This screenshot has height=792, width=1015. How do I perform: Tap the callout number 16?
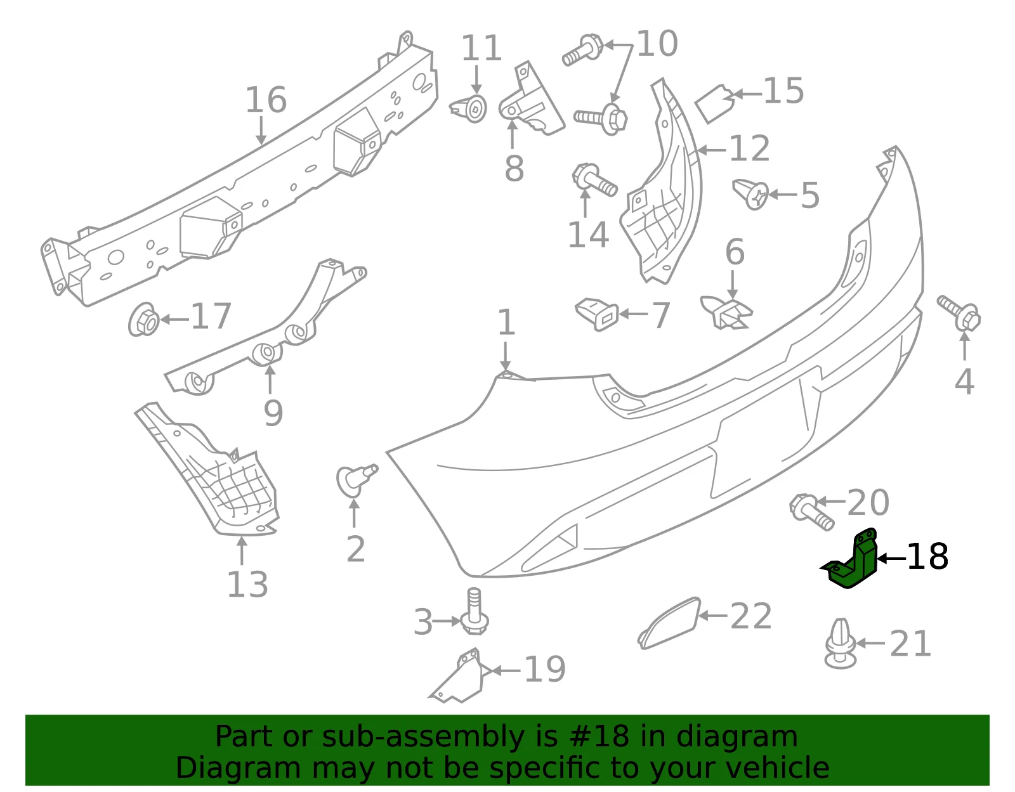click(x=266, y=100)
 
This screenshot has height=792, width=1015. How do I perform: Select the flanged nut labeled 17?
click(x=143, y=319)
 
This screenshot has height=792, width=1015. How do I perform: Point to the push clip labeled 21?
click(x=841, y=643)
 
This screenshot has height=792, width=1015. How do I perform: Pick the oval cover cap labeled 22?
click(x=669, y=623)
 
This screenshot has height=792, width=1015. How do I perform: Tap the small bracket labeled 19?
click(x=457, y=676)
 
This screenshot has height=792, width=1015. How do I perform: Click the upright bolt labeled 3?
click(x=474, y=611)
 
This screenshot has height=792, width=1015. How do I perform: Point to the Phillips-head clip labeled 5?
click(x=750, y=193)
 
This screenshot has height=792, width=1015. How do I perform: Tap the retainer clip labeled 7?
click(x=597, y=314)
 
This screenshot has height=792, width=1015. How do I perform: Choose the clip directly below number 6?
click(x=726, y=312)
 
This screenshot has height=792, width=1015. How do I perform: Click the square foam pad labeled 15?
click(x=713, y=103)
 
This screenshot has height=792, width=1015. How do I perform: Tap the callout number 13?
click(x=247, y=584)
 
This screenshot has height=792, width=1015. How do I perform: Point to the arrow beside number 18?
click(x=892, y=558)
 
